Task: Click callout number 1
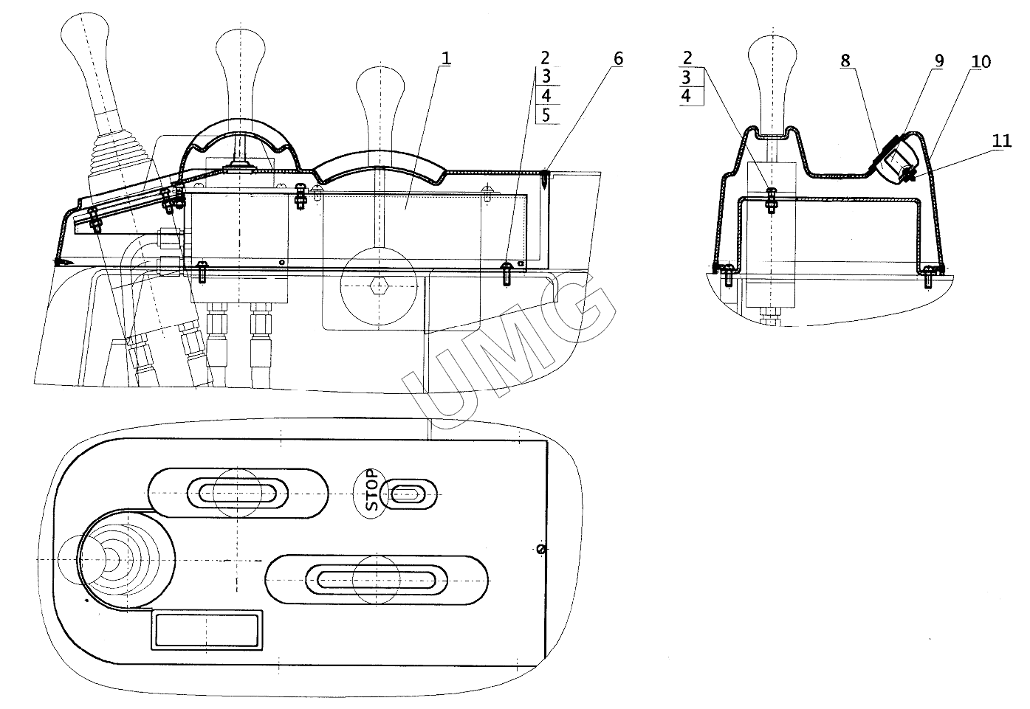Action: click(445, 58)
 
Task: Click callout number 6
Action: click(618, 58)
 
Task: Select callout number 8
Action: click(846, 60)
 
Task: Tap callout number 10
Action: click(981, 60)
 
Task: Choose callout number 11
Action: click(1001, 141)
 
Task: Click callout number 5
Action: click(545, 114)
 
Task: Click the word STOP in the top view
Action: click(372, 491)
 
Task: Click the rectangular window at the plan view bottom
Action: click(207, 630)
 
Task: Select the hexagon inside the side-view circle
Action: click(380, 285)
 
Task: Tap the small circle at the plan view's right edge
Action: click(540, 548)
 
